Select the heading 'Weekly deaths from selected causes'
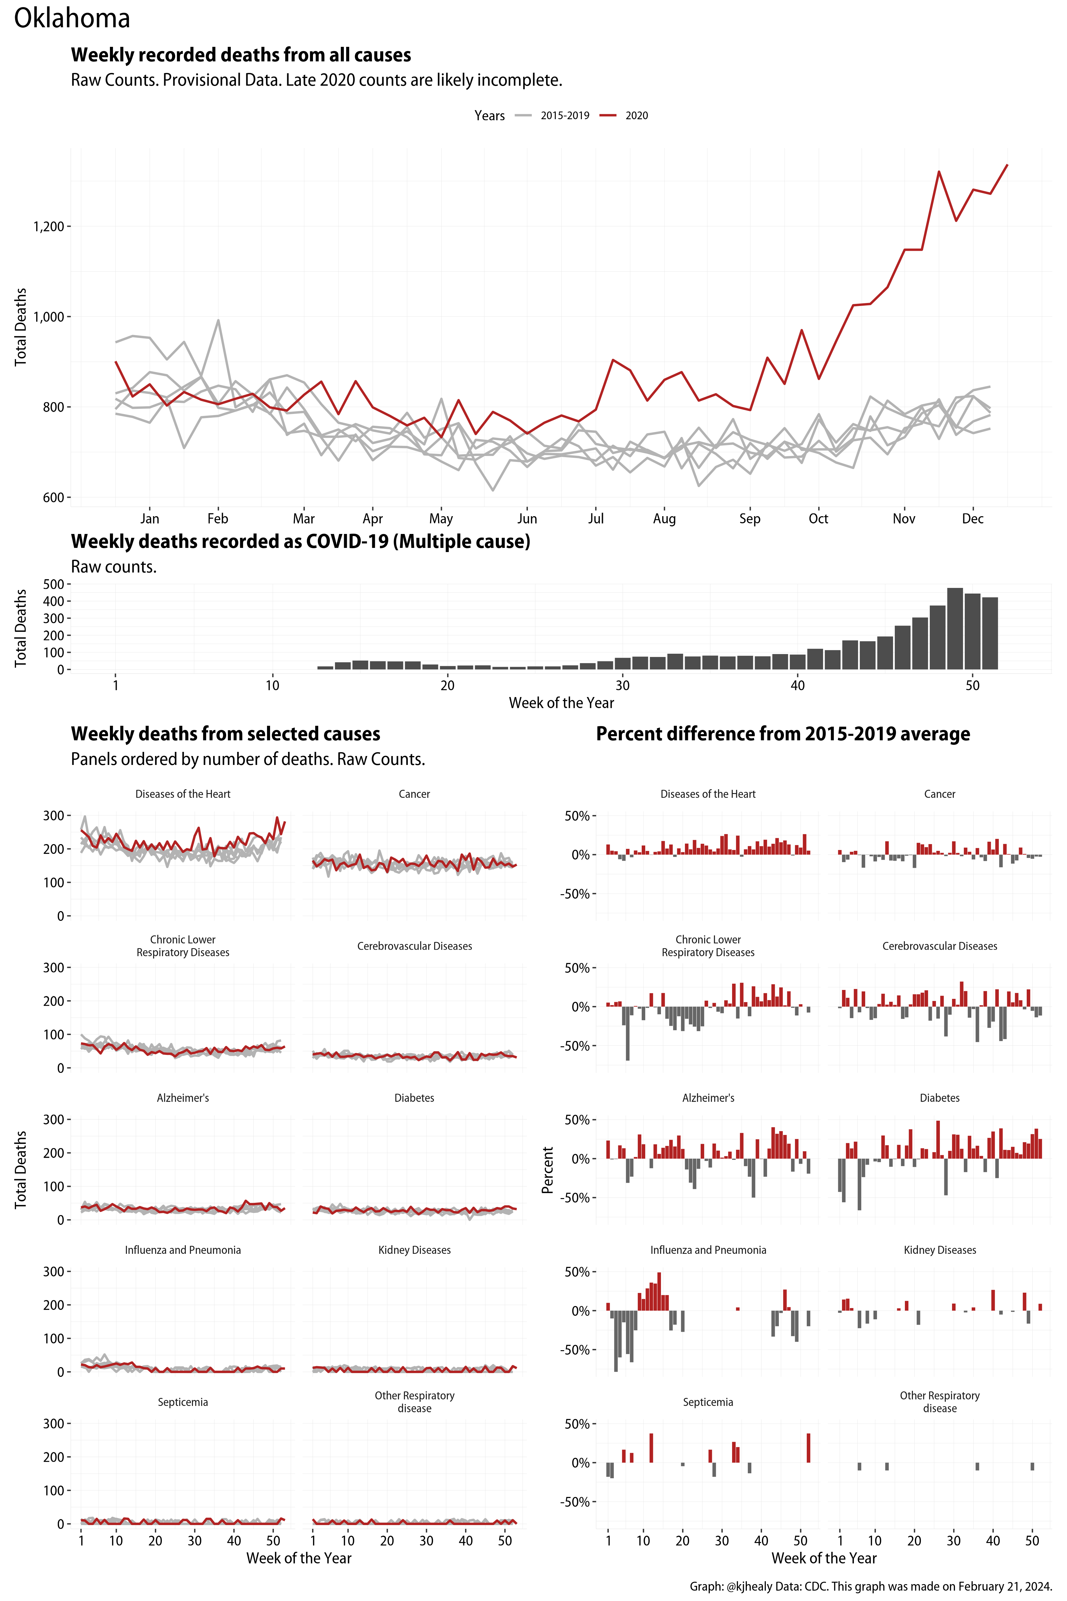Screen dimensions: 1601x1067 click(225, 734)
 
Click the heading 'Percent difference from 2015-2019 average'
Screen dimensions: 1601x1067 click(782, 734)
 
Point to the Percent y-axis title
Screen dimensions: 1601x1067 click(547, 1169)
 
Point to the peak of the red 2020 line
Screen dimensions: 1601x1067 click(1007, 165)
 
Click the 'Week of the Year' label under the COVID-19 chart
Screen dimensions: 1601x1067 click(561, 703)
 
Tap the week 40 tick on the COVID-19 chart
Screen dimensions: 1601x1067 click(798, 685)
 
